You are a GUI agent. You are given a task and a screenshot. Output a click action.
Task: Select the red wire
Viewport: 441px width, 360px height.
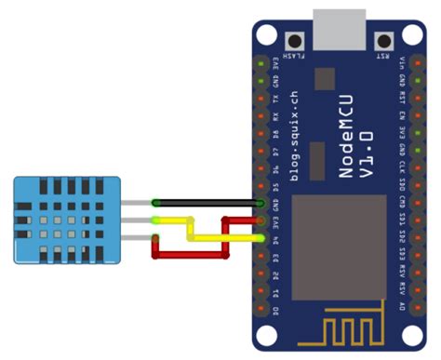click(191, 251)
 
